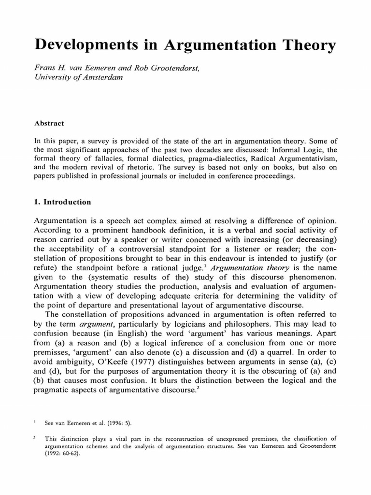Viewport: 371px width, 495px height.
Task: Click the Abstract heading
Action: tap(49, 123)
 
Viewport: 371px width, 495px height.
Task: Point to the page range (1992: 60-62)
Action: tap(65, 455)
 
